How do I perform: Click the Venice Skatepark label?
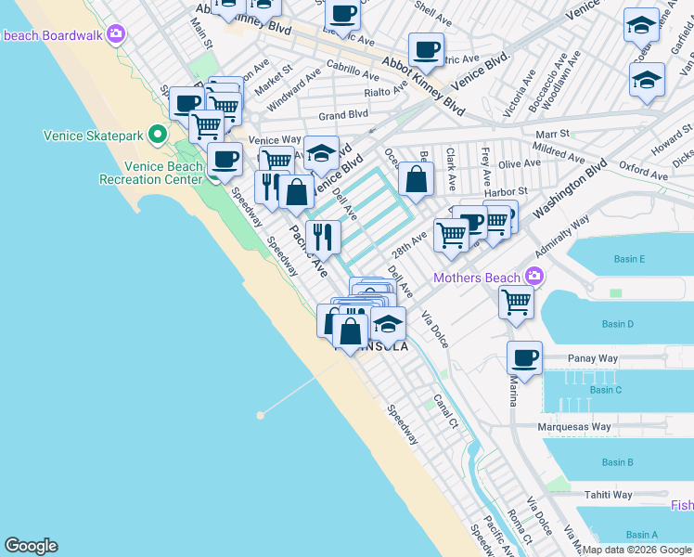pyautogui.click(x=94, y=136)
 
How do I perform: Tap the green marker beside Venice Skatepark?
pyautogui.click(x=159, y=136)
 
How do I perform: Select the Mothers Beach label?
pyautogui.click(x=476, y=278)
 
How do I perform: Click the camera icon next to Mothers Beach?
pyautogui.click(x=533, y=277)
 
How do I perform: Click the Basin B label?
pyautogui.click(x=617, y=462)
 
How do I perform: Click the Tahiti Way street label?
pyautogui.click(x=608, y=495)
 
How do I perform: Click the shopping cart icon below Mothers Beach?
pyautogui.click(x=516, y=301)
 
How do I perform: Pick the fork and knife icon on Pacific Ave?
pyautogui.click(x=323, y=236)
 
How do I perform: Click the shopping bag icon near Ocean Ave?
pyautogui.click(x=418, y=178)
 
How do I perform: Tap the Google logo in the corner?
pyautogui.click(x=31, y=546)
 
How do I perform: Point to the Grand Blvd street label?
pyautogui.click(x=343, y=116)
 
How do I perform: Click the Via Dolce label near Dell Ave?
pyautogui.click(x=435, y=330)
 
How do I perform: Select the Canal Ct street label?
pyautogui.click(x=445, y=410)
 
